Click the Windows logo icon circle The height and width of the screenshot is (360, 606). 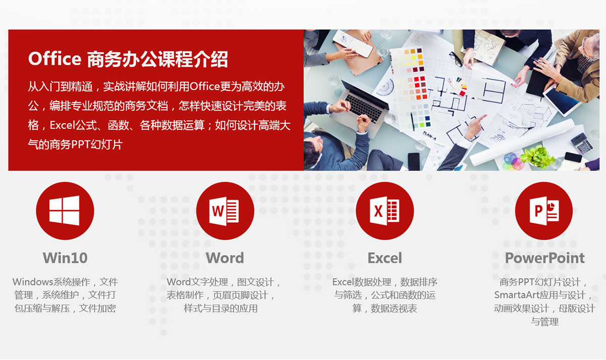[65, 211]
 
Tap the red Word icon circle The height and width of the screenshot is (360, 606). [225, 211]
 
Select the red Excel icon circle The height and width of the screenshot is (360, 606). [384, 211]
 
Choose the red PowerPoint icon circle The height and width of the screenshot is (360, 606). [544, 211]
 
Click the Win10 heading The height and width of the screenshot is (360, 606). [65, 258]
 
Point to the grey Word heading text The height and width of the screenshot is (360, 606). [225, 258]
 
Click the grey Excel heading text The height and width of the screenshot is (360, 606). [384, 258]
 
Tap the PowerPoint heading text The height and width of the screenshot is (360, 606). [544, 258]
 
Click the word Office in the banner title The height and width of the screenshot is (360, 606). [55, 59]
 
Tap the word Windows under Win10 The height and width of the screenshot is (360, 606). [32, 282]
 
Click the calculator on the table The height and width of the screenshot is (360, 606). [581, 143]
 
